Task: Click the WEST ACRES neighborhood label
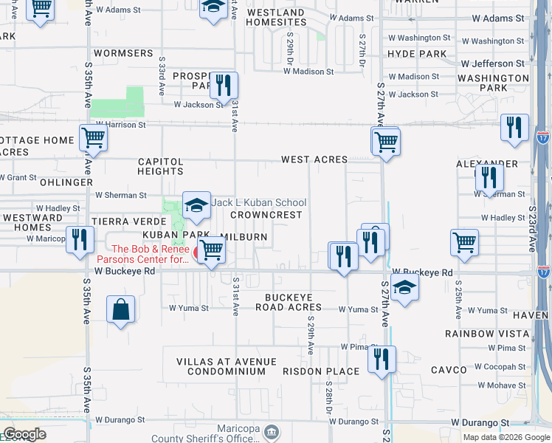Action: (x=314, y=159)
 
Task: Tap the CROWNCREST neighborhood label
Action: (x=266, y=215)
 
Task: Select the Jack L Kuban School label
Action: (x=258, y=202)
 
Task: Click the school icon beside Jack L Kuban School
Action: (x=196, y=207)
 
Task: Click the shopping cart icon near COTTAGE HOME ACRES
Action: (x=92, y=138)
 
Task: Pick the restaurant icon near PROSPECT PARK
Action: (x=223, y=84)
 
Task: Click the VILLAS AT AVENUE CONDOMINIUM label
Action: (x=226, y=366)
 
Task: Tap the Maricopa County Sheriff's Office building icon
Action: (x=272, y=431)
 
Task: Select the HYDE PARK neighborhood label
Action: (x=417, y=54)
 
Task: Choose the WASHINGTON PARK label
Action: (x=493, y=83)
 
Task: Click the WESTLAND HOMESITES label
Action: (x=276, y=18)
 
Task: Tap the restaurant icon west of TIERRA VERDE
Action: (x=80, y=240)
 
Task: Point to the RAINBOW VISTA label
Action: (x=487, y=334)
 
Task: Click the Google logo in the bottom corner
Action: (x=24, y=434)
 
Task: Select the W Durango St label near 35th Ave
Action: (x=120, y=420)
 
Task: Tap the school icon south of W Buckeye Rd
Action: (x=404, y=289)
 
